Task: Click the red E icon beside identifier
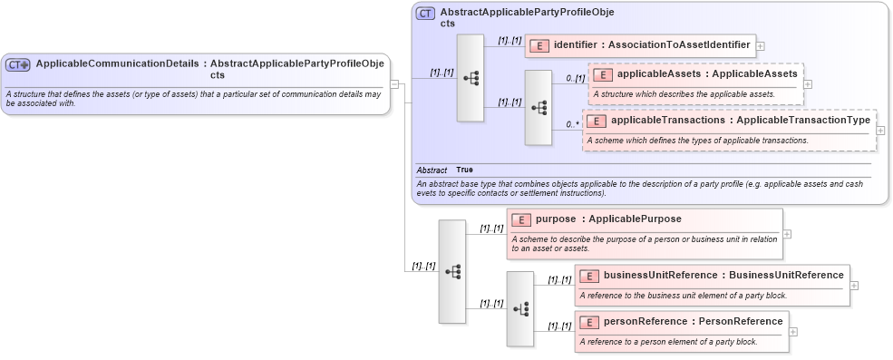(x=539, y=44)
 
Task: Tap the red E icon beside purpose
(x=520, y=219)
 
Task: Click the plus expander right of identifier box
(x=760, y=44)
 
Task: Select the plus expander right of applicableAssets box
(x=808, y=83)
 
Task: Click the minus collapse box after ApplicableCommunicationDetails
(x=394, y=83)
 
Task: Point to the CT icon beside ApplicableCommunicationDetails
(x=18, y=64)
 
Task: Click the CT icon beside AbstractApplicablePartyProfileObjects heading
(x=425, y=14)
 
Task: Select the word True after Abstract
(x=464, y=170)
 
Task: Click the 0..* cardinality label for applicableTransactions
(x=572, y=124)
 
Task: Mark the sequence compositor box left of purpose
(x=451, y=271)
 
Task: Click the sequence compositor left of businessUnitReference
(x=519, y=308)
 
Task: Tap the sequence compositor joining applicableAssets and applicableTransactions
(x=539, y=107)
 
